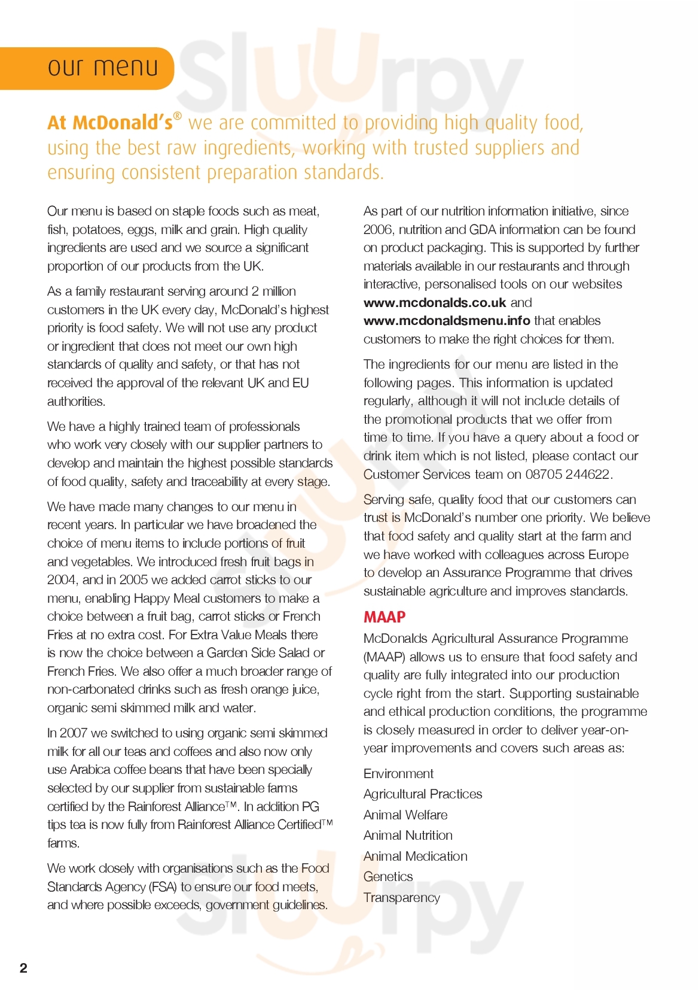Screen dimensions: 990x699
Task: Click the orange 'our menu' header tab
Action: (102, 68)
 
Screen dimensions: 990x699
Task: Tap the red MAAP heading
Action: (384, 617)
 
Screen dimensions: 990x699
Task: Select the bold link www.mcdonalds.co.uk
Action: (435, 303)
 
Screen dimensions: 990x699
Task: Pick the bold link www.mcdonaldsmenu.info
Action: (447, 321)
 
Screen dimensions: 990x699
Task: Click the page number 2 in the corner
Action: (23, 968)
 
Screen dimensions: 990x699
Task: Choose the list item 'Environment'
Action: (398, 774)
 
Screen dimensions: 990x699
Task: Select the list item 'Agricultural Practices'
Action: (423, 794)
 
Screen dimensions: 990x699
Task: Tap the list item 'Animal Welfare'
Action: (405, 815)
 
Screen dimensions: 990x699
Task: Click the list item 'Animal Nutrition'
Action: (408, 836)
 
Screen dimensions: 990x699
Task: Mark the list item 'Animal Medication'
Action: (416, 857)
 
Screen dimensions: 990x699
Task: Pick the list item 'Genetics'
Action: (388, 877)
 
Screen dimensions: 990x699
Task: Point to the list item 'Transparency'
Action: (402, 898)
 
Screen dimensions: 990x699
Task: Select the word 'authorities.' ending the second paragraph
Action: (76, 402)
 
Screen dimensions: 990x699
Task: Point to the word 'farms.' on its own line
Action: (63, 843)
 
